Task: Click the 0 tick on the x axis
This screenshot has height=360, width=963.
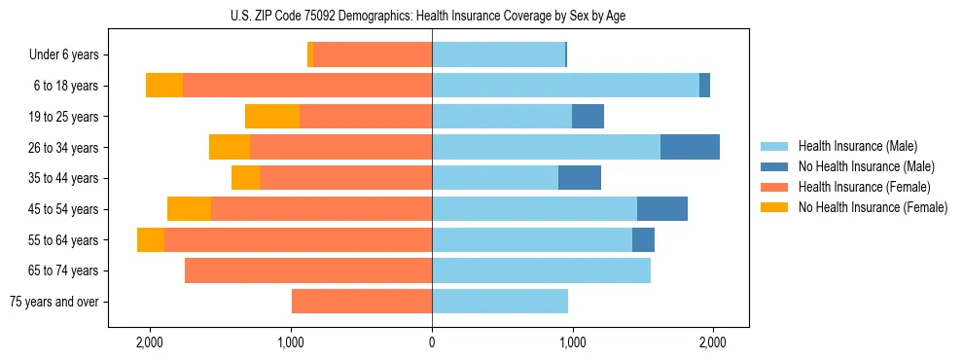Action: [x=432, y=342]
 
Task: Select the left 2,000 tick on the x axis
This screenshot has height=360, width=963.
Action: [x=150, y=342]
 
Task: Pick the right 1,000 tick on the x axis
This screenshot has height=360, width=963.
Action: [x=572, y=342]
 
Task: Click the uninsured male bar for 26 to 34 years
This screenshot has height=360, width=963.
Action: [x=690, y=147]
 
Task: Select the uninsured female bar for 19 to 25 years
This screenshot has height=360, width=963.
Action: [x=272, y=117]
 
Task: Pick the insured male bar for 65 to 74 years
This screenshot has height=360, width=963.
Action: [x=541, y=270]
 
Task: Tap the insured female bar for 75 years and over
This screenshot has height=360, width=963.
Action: [x=362, y=302]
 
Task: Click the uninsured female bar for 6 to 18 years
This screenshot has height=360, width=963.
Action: [x=164, y=86]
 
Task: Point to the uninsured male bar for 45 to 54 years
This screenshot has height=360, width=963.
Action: [x=662, y=209]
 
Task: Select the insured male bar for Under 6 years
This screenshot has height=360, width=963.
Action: [x=498, y=55]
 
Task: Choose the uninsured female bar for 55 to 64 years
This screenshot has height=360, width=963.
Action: [x=151, y=240]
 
